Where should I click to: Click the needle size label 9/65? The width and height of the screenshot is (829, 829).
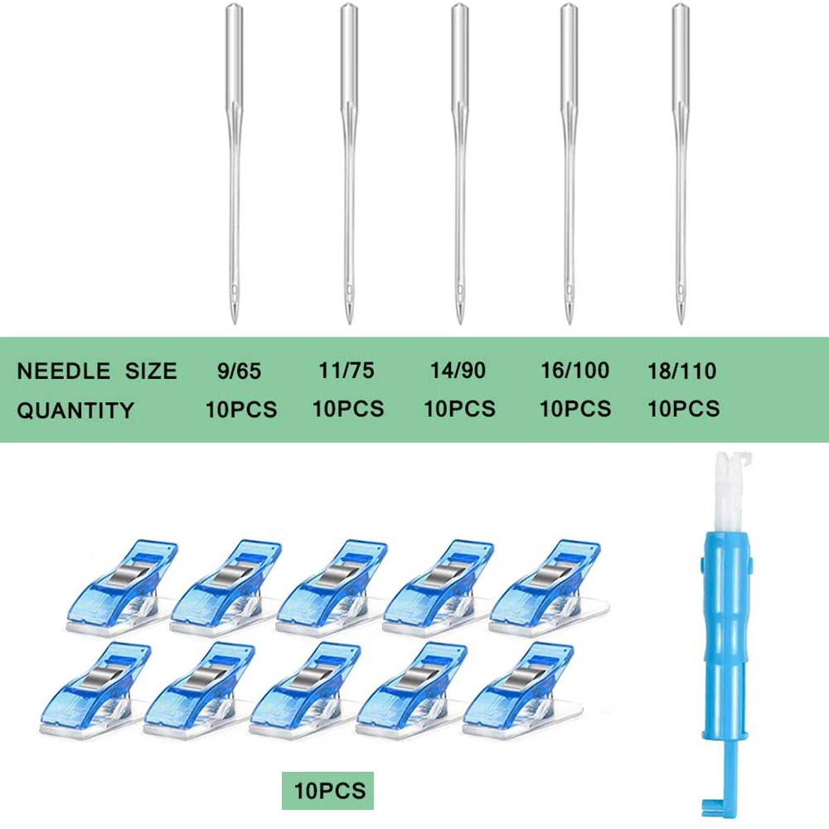239,371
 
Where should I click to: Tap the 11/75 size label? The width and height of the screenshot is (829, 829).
347,371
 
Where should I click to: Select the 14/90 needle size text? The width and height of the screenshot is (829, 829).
458,371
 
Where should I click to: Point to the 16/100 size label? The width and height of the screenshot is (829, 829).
574,371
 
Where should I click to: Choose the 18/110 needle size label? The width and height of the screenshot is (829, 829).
682,371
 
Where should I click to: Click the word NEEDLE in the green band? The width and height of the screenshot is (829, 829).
64,371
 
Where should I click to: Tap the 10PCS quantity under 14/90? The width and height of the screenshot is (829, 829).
460,409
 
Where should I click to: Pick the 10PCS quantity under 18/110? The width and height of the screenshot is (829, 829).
684,409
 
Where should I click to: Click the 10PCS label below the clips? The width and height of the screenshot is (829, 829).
329,791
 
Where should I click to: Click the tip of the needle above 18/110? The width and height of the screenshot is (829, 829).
681,322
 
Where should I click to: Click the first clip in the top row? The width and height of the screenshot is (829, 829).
122,586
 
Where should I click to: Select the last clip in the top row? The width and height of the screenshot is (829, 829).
548,586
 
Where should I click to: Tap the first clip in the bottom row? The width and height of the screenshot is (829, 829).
96,690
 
